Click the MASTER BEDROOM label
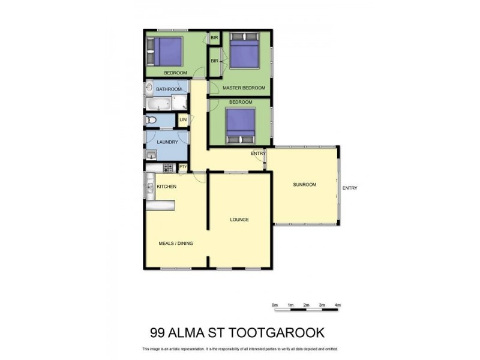point(244,88)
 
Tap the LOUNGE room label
point(239,220)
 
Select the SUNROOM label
point(304,184)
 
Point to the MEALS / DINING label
point(175,243)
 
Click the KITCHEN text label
point(166,187)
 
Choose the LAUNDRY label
point(167,142)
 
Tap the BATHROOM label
point(169,89)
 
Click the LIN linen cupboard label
point(183,121)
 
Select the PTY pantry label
point(182,168)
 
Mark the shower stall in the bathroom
point(180,104)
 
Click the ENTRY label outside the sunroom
point(350,188)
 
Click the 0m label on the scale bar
point(275,305)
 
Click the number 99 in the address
point(158,333)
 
